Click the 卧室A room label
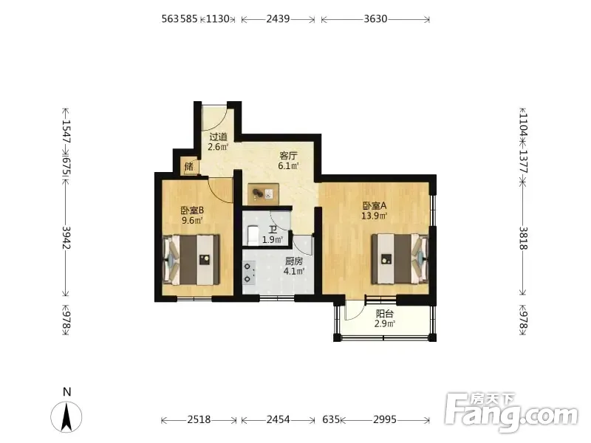[x=375, y=206]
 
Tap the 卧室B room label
[x=192, y=210]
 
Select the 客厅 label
[x=288, y=155]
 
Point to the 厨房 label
[x=294, y=261]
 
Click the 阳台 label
[x=385, y=313]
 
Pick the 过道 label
[x=218, y=137]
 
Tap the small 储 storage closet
[x=189, y=166]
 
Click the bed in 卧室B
[x=191, y=260]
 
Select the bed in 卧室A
[x=400, y=259]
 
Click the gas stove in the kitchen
[x=249, y=272]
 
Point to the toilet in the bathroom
[x=251, y=234]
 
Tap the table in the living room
[x=264, y=194]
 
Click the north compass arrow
[x=66, y=416]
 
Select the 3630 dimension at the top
[x=375, y=19]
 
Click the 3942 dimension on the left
[x=66, y=237]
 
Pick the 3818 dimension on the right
[x=523, y=238]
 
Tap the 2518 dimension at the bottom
[x=199, y=419]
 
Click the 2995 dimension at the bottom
[x=385, y=419]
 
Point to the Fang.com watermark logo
[x=511, y=413]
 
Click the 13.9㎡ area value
[x=375, y=216]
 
